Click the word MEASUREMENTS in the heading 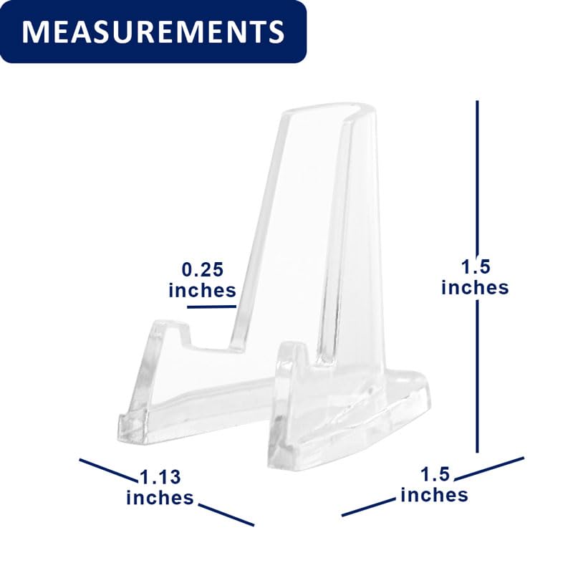coord(153,32)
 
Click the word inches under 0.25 coord(202,290)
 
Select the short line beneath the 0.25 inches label coord(212,307)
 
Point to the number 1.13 coord(160,476)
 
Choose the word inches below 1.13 coord(160,497)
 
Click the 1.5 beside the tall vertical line coord(476,266)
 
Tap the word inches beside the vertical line coord(475,287)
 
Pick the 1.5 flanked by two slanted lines coord(435,474)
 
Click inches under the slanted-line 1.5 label coord(434,494)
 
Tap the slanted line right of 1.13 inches coord(226,514)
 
